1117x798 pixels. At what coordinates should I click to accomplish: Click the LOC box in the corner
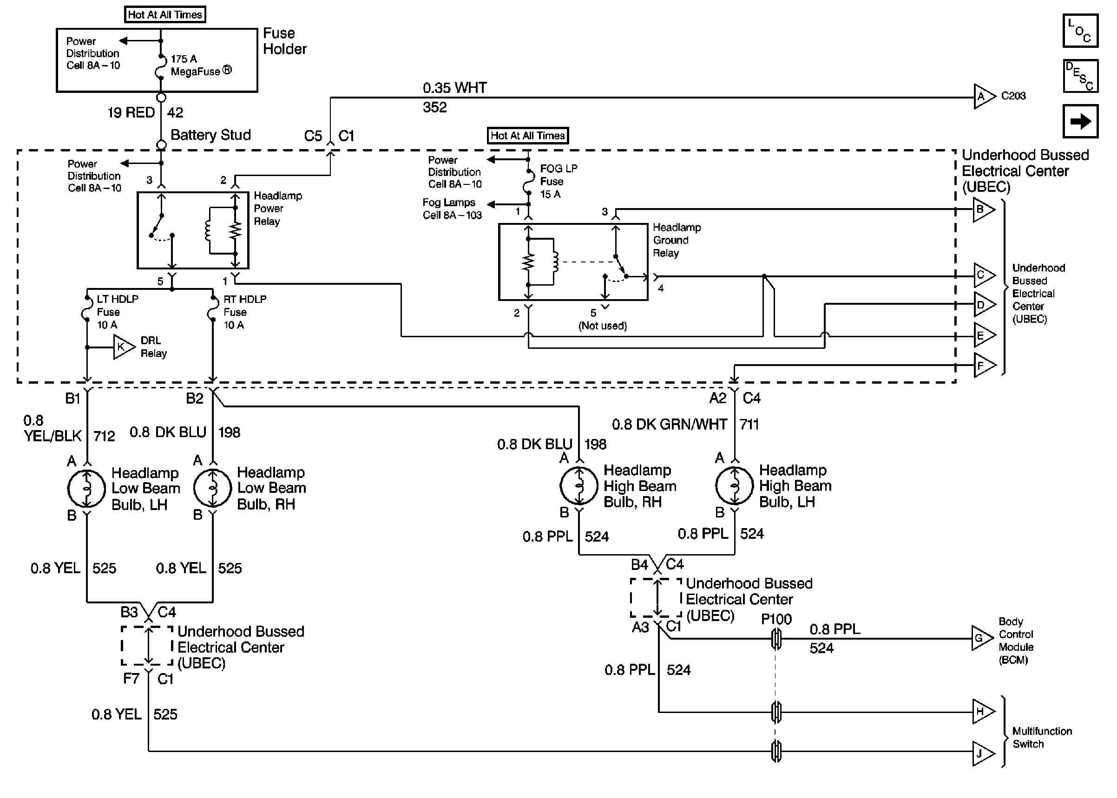coord(1080,31)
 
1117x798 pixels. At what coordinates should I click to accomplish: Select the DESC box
coord(1080,76)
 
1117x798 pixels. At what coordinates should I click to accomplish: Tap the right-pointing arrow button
coord(1080,121)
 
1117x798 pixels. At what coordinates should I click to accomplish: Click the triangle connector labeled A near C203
coord(983,96)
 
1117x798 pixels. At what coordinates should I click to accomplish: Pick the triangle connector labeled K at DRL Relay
coord(122,347)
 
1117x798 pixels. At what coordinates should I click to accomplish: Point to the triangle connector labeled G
coord(981,638)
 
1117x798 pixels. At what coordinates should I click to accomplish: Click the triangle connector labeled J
coord(982,753)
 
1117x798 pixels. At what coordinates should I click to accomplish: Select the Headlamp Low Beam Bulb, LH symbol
coord(86,489)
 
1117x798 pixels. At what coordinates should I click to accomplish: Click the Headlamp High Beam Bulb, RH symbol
coord(579,486)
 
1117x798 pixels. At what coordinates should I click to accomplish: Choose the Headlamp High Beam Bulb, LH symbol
coord(734,486)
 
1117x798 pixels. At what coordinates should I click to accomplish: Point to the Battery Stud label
coord(210,135)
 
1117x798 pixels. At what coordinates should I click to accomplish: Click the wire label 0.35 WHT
coord(454,88)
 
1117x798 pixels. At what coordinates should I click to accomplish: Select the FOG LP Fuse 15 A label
coord(558,181)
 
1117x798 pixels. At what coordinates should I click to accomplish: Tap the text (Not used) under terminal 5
coord(603,326)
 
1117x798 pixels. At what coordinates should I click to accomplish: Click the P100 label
coord(776,619)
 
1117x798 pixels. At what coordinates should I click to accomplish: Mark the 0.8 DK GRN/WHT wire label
coord(669,424)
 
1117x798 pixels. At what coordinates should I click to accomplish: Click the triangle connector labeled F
coord(982,366)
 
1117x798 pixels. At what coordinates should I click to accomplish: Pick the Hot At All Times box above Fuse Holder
coord(164,15)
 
